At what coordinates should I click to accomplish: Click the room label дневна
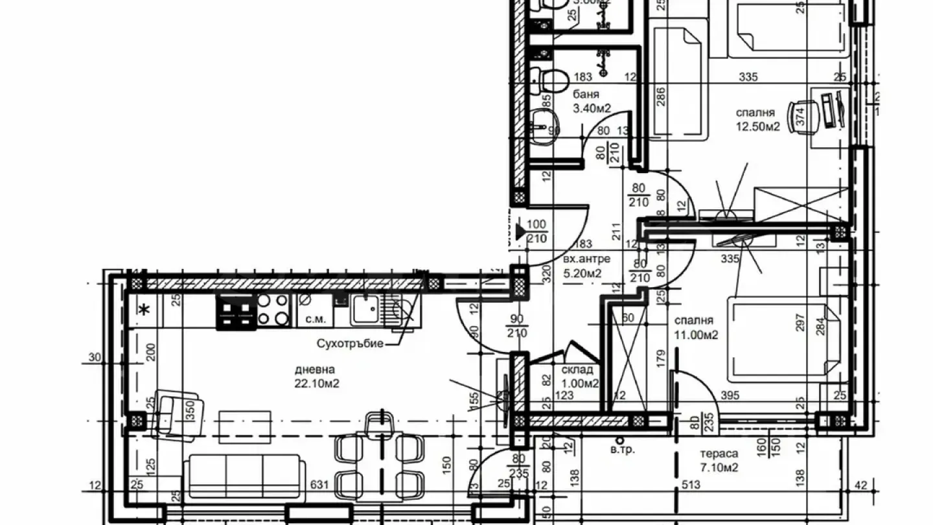click(315, 370)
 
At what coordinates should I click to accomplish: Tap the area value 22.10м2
click(317, 384)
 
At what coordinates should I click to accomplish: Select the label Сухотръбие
click(351, 343)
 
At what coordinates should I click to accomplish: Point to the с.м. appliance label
click(316, 320)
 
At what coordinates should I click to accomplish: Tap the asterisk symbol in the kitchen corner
click(145, 310)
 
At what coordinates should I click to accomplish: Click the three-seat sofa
click(244, 476)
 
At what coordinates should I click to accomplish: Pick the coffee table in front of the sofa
click(244, 426)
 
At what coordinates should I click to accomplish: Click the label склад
click(577, 370)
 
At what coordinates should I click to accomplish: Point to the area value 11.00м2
click(697, 334)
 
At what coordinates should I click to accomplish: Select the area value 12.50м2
click(757, 126)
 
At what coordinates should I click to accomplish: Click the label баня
click(586, 95)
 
